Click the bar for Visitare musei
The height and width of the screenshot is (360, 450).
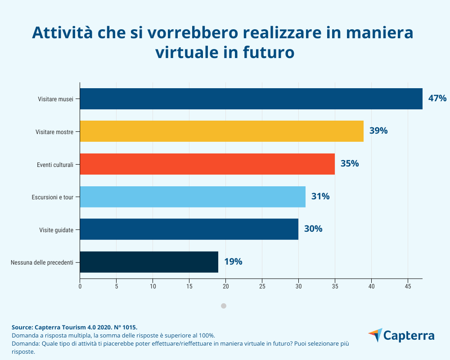251,99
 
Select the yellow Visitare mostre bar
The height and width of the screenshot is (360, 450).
221,131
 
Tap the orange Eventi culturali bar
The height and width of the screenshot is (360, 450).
207,164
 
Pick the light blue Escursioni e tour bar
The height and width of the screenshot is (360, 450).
193,197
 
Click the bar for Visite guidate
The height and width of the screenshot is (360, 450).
189,229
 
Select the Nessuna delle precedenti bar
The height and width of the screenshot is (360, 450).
149,262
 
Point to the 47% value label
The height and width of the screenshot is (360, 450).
437,99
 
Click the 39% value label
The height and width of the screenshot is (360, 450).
378,131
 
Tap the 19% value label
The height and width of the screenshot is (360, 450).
233,262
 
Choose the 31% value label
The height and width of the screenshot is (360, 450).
320,197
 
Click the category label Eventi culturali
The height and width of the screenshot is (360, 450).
55,165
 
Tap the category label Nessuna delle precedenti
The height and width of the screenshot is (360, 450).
42,262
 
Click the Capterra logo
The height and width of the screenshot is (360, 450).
401,336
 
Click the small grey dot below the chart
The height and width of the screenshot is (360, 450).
224,306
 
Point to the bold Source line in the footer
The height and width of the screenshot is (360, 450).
74,327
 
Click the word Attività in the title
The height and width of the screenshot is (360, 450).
66,33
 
